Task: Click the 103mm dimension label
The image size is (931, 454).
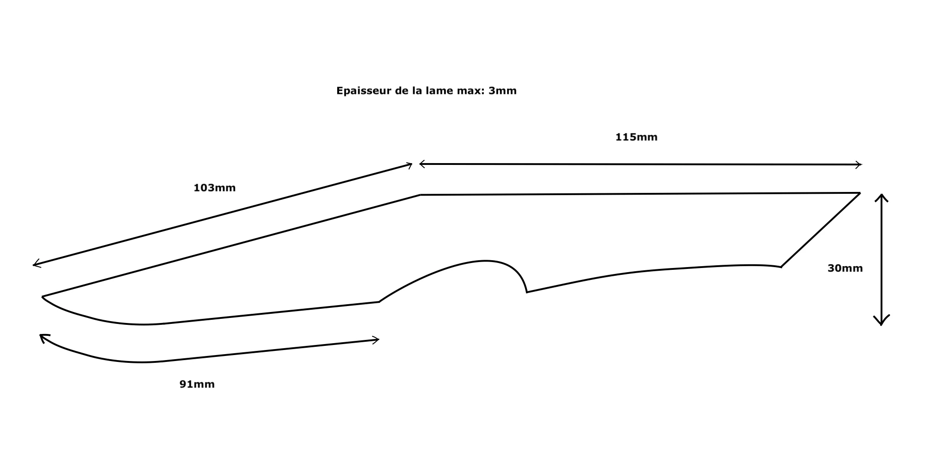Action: click(x=214, y=188)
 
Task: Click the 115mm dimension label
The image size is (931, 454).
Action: click(x=636, y=137)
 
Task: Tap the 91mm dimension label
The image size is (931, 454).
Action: click(x=197, y=384)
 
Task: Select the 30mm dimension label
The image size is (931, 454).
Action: click(x=845, y=268)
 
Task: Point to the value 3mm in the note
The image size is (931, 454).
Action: click(x=502, y=91)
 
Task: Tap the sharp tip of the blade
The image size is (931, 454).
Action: click(x=43, y=297)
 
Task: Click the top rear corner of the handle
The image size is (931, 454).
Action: click(x=860, y=193)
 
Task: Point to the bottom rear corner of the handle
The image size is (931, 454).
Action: click(x=781, y=267)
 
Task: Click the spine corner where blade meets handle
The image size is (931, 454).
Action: click(x=421, y=195)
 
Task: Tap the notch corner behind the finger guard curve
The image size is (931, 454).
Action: click(x=527, y=292)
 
